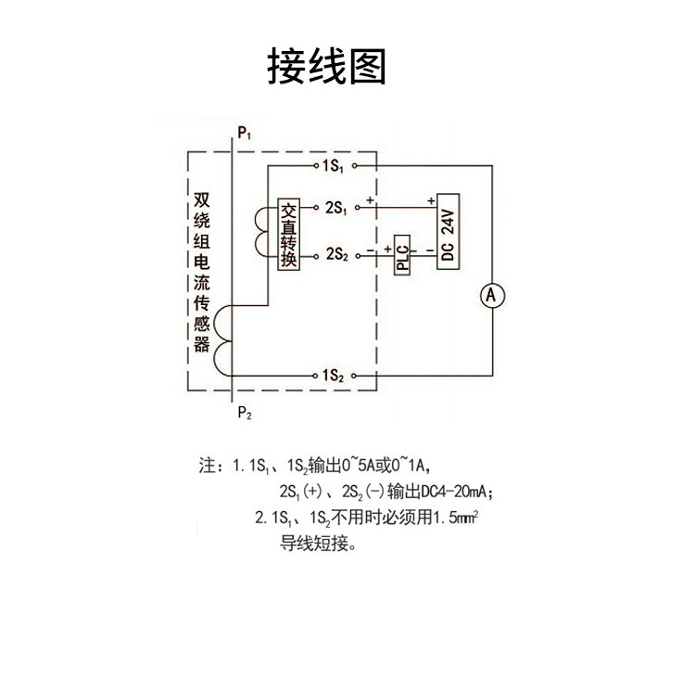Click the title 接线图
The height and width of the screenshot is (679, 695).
[326, 67]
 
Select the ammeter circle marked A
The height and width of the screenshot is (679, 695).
[493, 296]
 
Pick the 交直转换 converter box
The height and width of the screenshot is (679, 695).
[289, 235]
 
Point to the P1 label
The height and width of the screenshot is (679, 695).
[244, 134]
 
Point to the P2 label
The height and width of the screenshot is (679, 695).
[244, 413]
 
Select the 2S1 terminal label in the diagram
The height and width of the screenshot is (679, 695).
[335, 208]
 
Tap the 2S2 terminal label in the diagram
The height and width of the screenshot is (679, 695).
[335, 252]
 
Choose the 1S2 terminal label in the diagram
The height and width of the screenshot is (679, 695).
[333, 376]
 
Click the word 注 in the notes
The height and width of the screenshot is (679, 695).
[206, 464]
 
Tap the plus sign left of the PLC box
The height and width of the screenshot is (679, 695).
[386, 248]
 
